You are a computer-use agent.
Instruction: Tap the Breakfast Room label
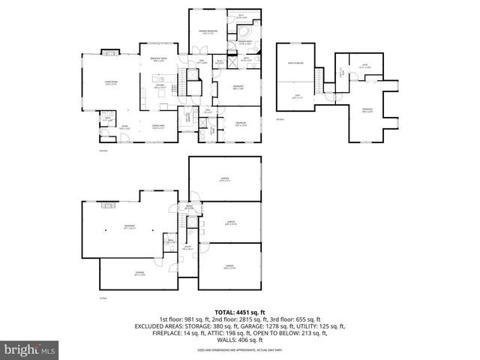pyautogui.click(x=157, y=60)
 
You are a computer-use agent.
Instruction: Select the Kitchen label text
pyautogui.click(x=159, y=86)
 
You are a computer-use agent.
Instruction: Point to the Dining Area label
pyautogui.click(x=158, y=126)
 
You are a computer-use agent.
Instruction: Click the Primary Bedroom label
pyautogui.click(x=208, y=31)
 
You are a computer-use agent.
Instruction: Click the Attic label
pyautogui.click(x=365, y=66)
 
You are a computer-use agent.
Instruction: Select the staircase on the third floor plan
pyautogui.click(x=322, y=77)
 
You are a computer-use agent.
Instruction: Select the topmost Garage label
pyautogui.click(x=224, y=179)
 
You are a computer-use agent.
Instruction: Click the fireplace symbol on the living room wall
pyautogui.click(x=108, y=52)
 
